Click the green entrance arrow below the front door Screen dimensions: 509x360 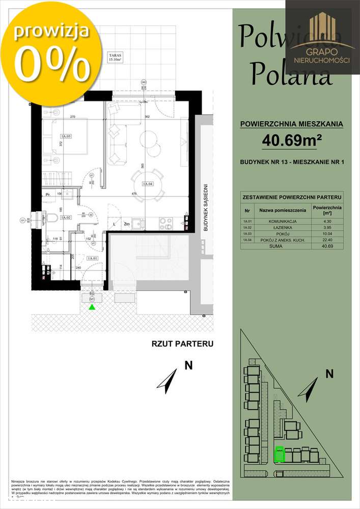pos(92,306)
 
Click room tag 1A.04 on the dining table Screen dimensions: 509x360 pos(148,185)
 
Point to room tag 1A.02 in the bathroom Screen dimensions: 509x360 pos(65,217)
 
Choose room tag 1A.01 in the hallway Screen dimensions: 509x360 pos(92,259)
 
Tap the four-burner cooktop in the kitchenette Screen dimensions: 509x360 pos(166,222)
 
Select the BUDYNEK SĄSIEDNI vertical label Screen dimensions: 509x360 pos(206,207)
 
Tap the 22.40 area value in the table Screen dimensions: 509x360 pos(327,240)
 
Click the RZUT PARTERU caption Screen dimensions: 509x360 pos(182,344)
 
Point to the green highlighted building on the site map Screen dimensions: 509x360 pos(279,455)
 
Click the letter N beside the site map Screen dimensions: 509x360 pos(329,374)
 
